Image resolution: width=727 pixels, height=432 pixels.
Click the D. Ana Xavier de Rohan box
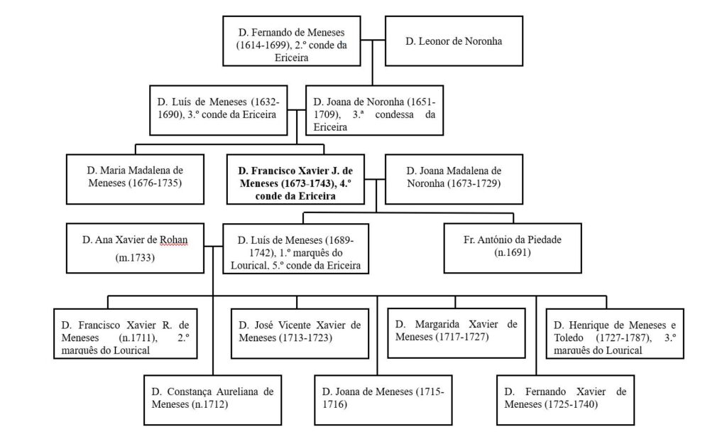[134, 248]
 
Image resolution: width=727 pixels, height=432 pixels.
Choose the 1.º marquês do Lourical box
[296, 248]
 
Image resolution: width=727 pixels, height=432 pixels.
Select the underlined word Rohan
[173, 239]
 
